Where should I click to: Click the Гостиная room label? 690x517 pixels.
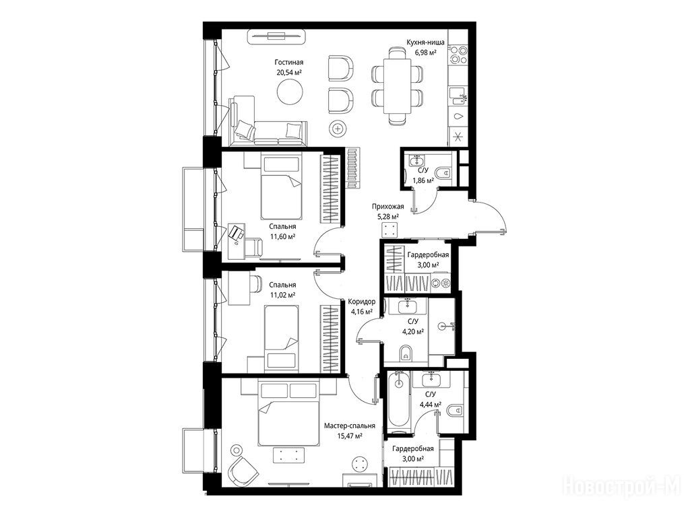tap(288, 63)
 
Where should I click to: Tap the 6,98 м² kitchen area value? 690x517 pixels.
tap(425, 53)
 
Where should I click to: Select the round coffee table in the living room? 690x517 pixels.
tap(290, 92)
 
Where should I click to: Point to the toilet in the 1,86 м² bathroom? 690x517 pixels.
tap(445, 172)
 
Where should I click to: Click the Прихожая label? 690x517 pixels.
tap(387, 206)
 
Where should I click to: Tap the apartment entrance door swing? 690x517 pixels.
tap(490, 217)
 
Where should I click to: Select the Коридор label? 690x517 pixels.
tap(362, 302)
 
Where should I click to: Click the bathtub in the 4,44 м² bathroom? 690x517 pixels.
tap(399, 399)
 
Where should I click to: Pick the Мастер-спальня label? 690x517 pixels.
tap(350, 425)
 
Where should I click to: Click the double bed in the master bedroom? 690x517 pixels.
tap(288, 414)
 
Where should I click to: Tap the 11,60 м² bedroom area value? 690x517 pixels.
tap(282, 236)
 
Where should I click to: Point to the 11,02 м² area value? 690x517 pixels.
tap(282, 295)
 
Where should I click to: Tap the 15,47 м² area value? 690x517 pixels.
tap(350, 436)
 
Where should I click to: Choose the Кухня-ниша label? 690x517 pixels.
tap(425, 42)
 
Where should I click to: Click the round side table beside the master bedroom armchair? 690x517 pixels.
tap(237, 450)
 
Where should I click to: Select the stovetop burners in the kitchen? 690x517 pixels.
tap(458, 55)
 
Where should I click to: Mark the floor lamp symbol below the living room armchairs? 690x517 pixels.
tap(338, 129)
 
